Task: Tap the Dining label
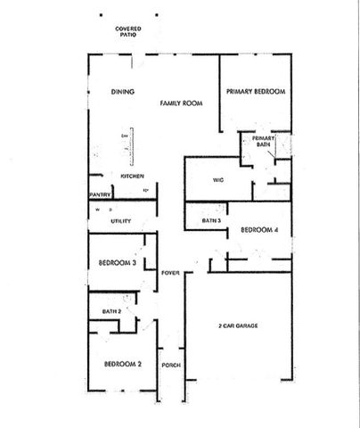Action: coord(122,92)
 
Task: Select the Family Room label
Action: coord(181,103)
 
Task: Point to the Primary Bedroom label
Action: coord(255,92)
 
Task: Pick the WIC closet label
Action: coord(217,179)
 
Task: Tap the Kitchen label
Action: coord(133,176)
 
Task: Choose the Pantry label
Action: coord(99,193)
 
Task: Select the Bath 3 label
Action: coord(211,219)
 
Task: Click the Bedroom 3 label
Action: coord(117,263)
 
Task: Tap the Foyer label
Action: coord(171,272)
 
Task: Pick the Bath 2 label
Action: coord(111,311)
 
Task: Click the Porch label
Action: coord(171,366)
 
